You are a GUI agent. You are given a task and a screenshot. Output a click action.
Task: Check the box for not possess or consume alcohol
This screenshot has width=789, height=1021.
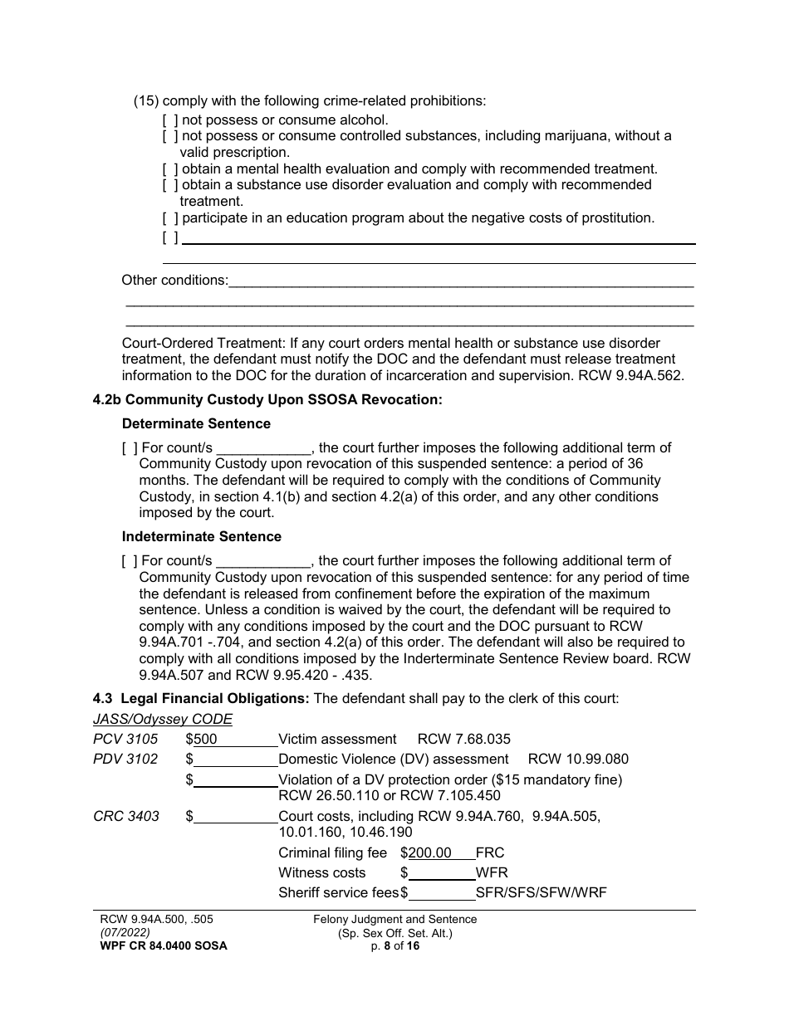pos(170,120)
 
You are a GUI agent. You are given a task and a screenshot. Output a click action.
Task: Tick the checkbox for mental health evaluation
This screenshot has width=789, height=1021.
pos(170,169)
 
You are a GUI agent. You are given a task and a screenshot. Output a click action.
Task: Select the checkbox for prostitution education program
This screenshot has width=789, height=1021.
pos(170,218)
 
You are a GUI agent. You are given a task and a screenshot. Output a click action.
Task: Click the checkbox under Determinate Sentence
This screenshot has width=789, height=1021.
pos(130,448)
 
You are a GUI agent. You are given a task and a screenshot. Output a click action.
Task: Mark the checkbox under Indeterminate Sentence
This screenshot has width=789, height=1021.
pos(130,561)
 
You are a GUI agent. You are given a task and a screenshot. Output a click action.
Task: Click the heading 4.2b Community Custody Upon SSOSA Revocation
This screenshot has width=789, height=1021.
pos(267,399)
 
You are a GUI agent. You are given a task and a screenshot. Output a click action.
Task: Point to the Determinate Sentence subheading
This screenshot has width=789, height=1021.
pos(196,423)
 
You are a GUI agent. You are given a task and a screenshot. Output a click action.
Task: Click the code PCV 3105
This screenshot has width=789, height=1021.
pos(125,739)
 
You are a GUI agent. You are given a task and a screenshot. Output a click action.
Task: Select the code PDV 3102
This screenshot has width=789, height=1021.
pos(125,759)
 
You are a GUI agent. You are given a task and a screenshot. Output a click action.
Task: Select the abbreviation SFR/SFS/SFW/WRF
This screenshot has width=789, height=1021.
pos(541,892)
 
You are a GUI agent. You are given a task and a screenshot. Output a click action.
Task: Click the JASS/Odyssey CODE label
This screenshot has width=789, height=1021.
pos(163,719)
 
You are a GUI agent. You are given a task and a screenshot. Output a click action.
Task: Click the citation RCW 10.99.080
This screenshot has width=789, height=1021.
pos(578,759)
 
